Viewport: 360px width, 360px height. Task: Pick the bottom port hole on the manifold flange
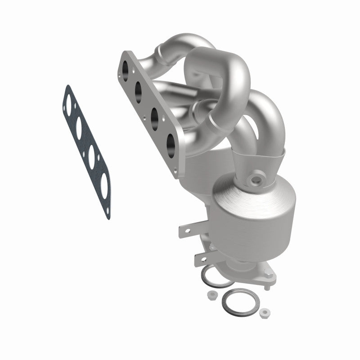[171, 143]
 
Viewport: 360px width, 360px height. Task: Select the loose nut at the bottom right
[265, 311]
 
